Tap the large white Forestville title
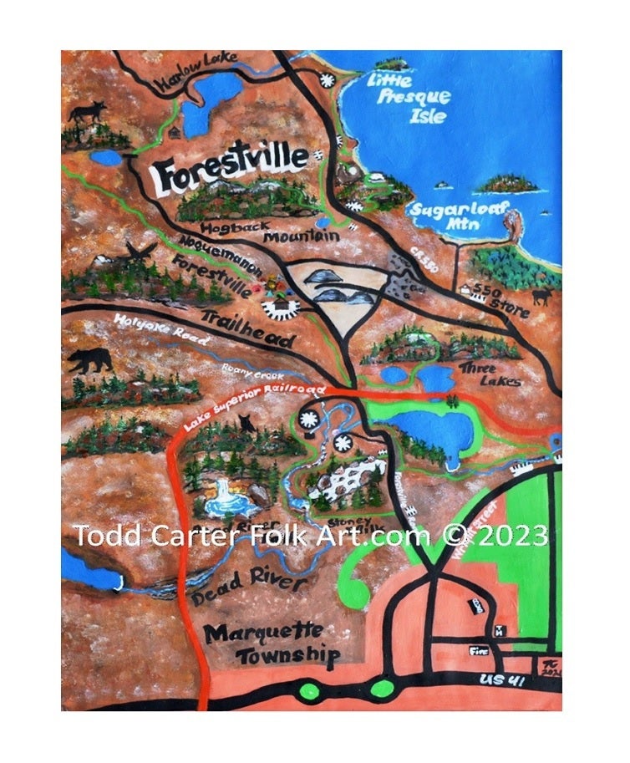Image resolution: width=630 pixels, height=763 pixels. pyautogui.click(x=227, y=175)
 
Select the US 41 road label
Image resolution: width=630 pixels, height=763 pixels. pyautogui.click(x=506, y=682)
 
